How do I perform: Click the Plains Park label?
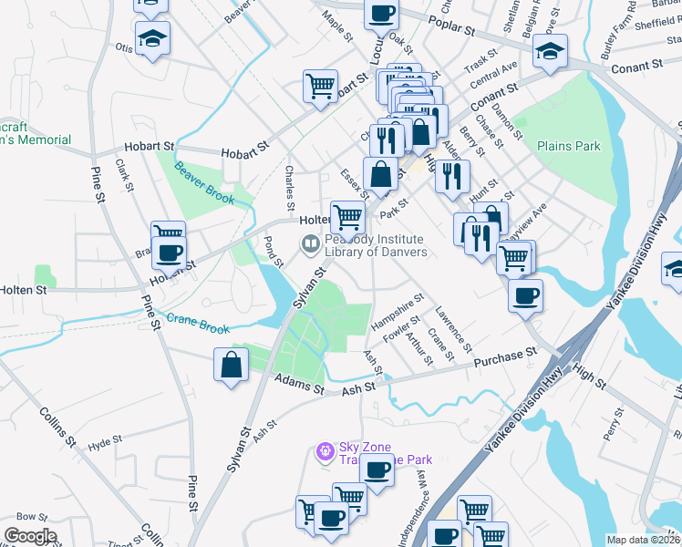coord(569,146)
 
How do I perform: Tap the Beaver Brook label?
coord(205,182)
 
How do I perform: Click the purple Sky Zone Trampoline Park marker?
coord(323,451)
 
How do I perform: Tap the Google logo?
coord(30,536)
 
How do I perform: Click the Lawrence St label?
coord(452,329)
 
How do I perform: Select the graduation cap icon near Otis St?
coord(152,37)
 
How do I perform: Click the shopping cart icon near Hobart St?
coord(320,86)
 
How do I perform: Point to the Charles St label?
coord(292,181)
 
